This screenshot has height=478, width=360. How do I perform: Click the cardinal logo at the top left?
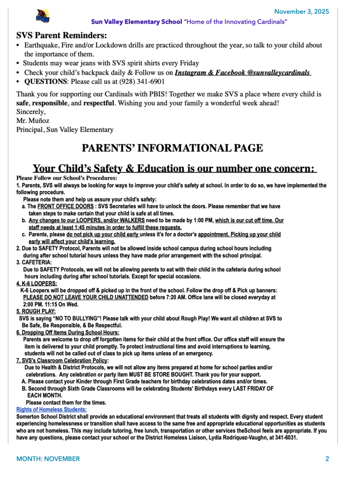42,16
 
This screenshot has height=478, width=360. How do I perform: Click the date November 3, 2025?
301,11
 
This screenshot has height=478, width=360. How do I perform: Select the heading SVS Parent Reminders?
62,35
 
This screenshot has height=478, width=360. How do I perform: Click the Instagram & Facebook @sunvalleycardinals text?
242,72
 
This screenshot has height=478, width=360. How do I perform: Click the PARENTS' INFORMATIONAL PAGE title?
173,148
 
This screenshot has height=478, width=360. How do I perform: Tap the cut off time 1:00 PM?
202,220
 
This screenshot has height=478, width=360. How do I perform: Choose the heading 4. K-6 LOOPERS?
37,283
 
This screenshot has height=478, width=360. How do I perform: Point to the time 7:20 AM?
177,297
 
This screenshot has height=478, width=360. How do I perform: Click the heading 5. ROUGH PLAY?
36,311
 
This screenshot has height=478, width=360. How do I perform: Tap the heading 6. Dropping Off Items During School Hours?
68,332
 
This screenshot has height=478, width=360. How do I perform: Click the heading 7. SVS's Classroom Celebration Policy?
62,360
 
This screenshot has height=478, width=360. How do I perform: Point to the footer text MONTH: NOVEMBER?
48,459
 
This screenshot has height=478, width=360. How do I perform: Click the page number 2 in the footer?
327,459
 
